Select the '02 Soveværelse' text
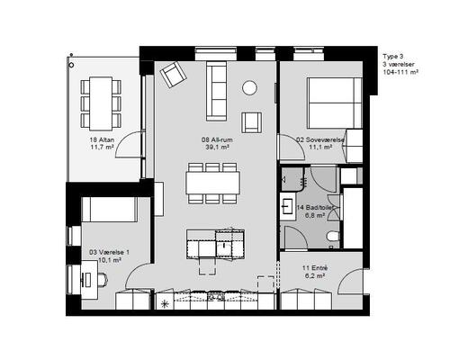click(x=320, y=139)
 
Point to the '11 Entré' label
click(x=315, y=268)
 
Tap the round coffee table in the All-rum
click(x=249, y=88)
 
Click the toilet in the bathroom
click(x=334, y=236)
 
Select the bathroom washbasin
click(x=288, y=206)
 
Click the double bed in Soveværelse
click(x=335, y=103)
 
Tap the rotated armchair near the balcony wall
click(x=174, y=75)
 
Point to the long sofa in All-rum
click(x=216, y=91)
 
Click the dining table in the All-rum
click(x=213, y=183)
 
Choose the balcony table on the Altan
click(x=101, y=103)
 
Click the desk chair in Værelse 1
click(x=103, y=280)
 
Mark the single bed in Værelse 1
click(x=110, y=210)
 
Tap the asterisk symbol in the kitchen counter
click(x=165, y=304)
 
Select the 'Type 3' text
click(x=393, y=57)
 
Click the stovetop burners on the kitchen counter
click(x=216, y=297)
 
